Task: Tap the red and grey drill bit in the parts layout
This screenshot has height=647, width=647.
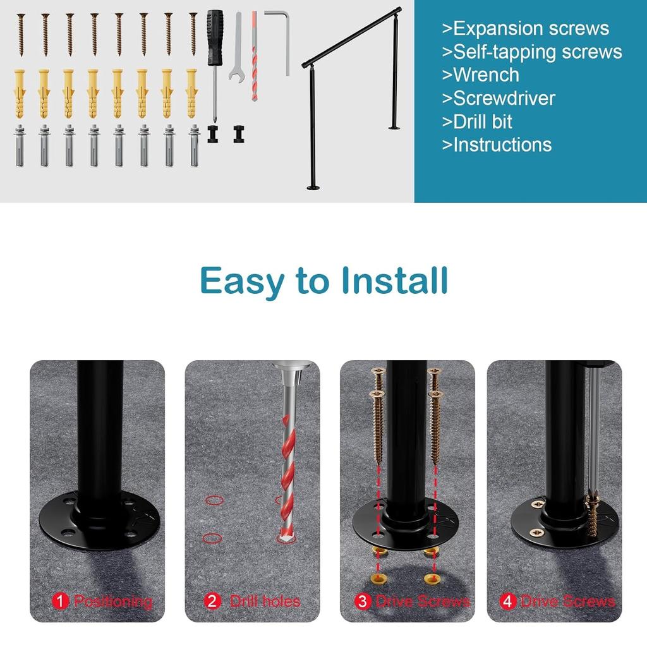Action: [x=254, y=57]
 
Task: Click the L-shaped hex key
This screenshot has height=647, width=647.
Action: [x=282, y=32]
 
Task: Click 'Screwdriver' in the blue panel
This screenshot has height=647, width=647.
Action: [x=504, y=98]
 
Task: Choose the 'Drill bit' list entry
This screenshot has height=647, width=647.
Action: [x=482, y=121]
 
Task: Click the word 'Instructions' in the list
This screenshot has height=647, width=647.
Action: [x=502, y=145]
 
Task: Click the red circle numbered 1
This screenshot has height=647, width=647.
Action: [x=60, y=601]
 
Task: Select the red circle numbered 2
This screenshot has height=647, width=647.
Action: [x=213, y=601]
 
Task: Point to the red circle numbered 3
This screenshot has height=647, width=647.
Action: [x=362, y=601]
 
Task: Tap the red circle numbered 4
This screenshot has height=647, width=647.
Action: [x=507, y=601]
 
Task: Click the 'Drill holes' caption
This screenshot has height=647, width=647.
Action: [x=265, y=601]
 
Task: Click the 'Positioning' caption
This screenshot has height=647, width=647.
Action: [x=113, y=601]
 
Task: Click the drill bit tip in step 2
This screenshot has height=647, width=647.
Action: [x=286, y=537]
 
